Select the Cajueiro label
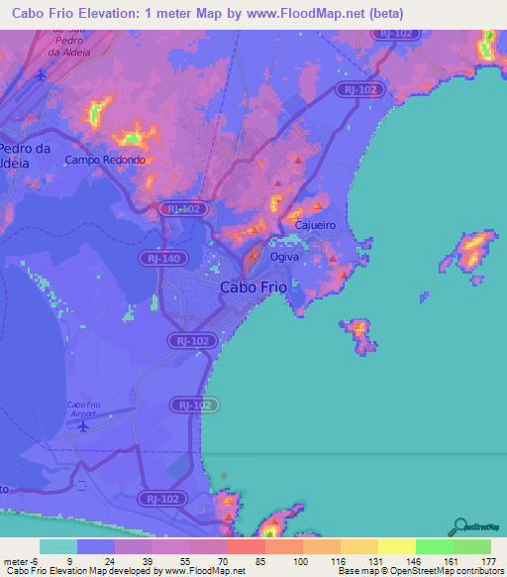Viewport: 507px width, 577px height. coord(315,225)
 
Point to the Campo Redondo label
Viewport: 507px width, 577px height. coord(105,160)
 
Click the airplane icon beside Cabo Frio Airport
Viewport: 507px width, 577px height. coord(83,425)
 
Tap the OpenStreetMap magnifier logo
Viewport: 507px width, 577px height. coord(460,525)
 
